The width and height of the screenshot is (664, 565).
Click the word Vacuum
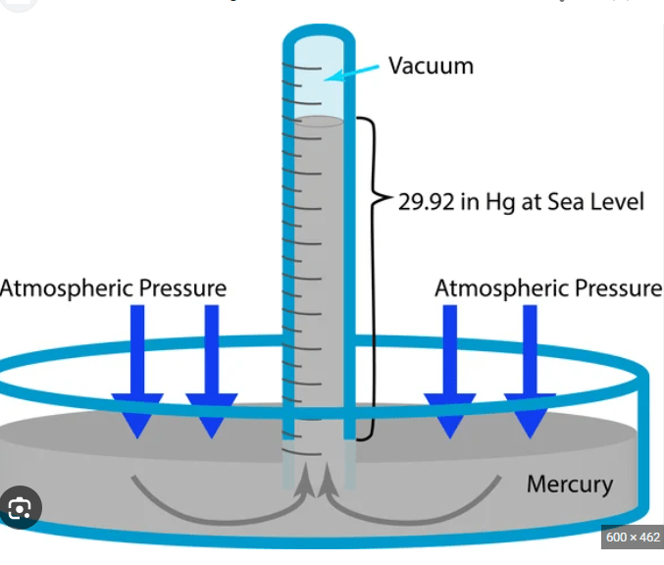tap(432, 66)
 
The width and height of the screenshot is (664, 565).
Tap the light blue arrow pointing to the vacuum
tap(351, 73)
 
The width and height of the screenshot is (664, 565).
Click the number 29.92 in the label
tap(426, 202)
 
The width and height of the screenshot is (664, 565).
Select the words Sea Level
tap(595, 202)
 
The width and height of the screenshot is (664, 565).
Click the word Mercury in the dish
tap(570, 485)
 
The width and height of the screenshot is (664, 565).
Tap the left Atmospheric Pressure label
tap(113, 288)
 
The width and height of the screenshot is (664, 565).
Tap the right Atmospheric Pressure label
tap(549, 288)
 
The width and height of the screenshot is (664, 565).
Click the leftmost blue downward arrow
tap(137, 372)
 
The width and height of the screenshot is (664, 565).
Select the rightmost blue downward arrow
tap(530, 372)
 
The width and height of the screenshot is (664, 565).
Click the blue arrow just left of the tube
tap(212, 372)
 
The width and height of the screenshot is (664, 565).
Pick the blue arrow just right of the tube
tap(450, 372)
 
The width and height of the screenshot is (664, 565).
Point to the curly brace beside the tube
tap(374, 279)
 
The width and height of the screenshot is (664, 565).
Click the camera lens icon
tap(20, 507)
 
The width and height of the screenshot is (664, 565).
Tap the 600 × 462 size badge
tap(633, 538)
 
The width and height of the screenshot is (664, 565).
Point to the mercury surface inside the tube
tap(319, 121)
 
